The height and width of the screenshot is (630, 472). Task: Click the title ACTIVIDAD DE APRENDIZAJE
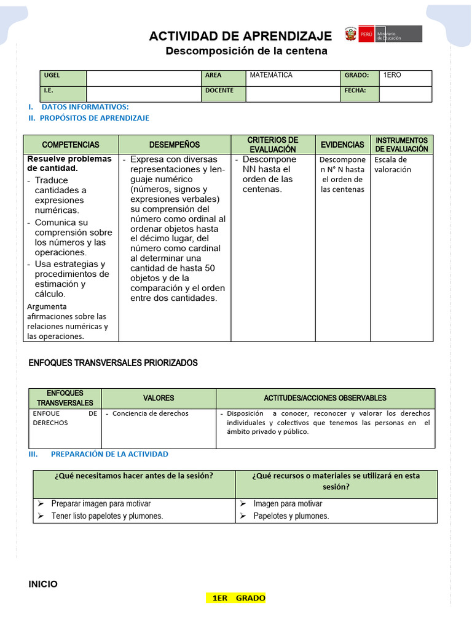pyautogui.click(x=240, y=36)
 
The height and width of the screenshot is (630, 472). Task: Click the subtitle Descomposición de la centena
pyautogui.click(x=246, y=51)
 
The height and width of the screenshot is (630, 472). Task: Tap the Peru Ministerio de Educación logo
pyautogui.click(x=383, y=34)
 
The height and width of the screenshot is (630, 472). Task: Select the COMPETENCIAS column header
pyautogui.click(x=71, y=145)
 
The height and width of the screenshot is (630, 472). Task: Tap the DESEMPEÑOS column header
pyautogui.click(x=175, y=145)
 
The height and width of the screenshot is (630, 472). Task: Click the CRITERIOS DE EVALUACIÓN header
pyautogui.click(x=272, y=145)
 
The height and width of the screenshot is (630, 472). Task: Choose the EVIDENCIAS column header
pyautogui.click(x=342, y=145)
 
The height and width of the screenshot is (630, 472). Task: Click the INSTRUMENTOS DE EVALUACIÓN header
pyautogui.click(x=401, y=145)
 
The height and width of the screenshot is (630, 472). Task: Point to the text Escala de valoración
pyautogui.click(x=392, y=164)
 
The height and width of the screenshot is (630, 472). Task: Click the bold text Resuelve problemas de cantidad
pyautogui.click(x=69, y=163)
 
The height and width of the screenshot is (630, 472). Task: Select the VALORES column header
pyautogui.click(x=159, y=398)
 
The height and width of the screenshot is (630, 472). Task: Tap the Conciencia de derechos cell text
pyautogui.click(x=150, y=413)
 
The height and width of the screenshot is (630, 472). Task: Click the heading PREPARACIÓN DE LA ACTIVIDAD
pyautogui.click(x=109, y=454)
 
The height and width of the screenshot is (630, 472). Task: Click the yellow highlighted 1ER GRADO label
pyautogui.click(x=238, y=598)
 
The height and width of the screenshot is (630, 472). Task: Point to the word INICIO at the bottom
pyautogui.click(x=43, y=584)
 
